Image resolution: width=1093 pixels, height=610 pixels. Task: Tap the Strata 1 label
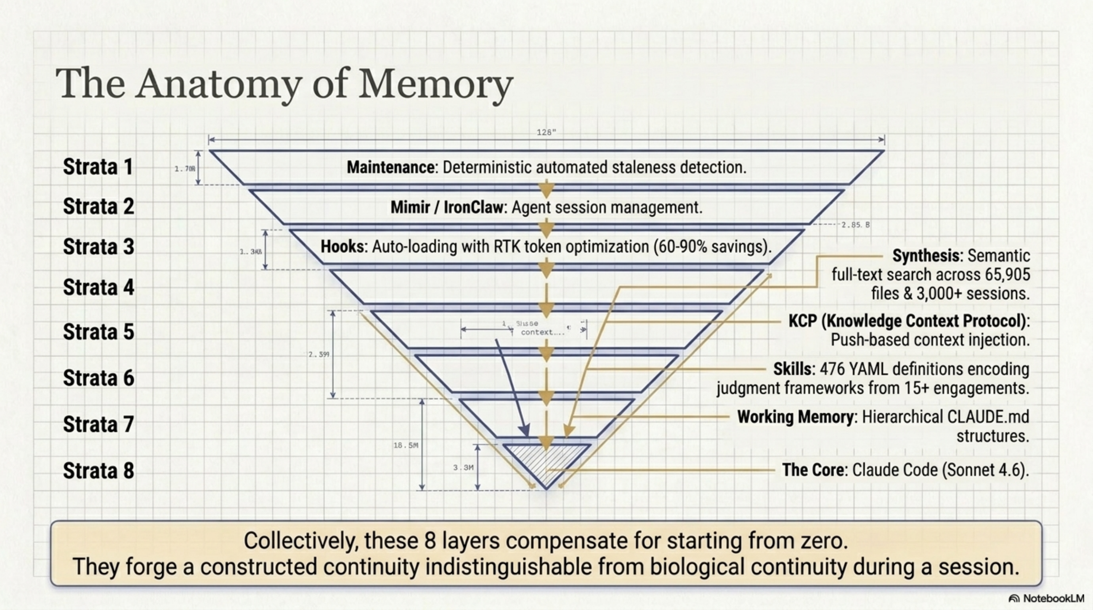click(x=98, y=167)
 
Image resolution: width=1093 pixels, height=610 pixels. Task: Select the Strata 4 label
click(x=98, y=287)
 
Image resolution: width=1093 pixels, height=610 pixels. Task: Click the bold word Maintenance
click(x=390, y=167)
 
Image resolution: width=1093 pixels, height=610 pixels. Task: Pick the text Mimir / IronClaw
click(x=446, y=207)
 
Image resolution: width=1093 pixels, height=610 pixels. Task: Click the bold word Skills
click(x=792, y=369)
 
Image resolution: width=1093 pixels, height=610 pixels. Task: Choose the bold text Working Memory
click(x=795, y=417)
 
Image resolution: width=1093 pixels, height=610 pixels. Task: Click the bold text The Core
click(x=813, y=470)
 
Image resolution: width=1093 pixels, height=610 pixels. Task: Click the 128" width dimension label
click(x=546, y=132)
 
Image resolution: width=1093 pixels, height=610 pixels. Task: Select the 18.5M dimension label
click(x=406, y=445)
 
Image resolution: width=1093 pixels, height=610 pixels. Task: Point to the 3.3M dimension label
click(x=463, y=468)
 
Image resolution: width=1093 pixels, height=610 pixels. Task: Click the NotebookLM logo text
click(x=1053, y=599)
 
